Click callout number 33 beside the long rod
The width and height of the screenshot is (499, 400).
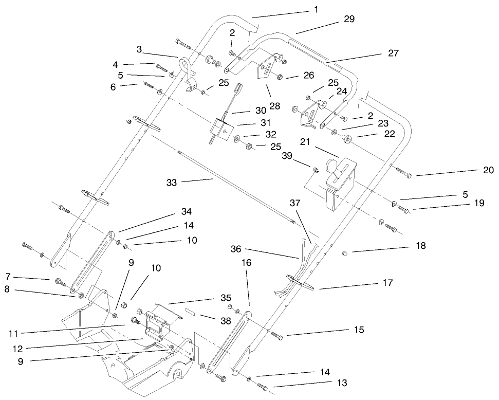pyautogui.click(x=172, y=182)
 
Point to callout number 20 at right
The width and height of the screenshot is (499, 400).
pyautogui.click(x=488, y=170)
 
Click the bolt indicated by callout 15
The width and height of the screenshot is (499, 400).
pyautogui.click(x=276, y=336)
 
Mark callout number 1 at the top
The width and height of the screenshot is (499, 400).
pyautogui.click(x=316, y=9)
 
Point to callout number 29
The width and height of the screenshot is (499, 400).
pyautogui.click(x=349, y=19)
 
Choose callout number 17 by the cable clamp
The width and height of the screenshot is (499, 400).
pyautogui.click(x=387, y=283)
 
